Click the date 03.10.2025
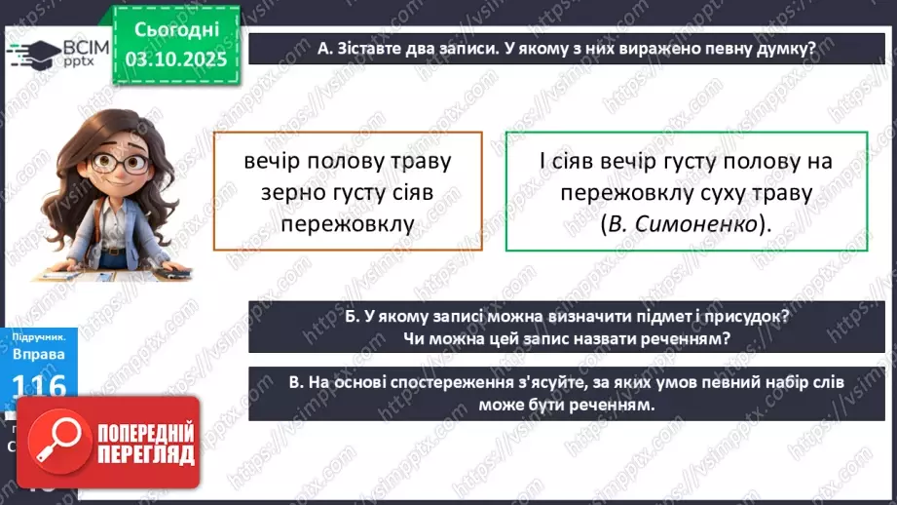[x=175, y=58]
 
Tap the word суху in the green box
[x=740, y=192]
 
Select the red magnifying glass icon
[x=56, y=443]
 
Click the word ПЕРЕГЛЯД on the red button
[x=143, y=455]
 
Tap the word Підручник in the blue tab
[x=34, y=336]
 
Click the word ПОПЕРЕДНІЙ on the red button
[x=143, y=431]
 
